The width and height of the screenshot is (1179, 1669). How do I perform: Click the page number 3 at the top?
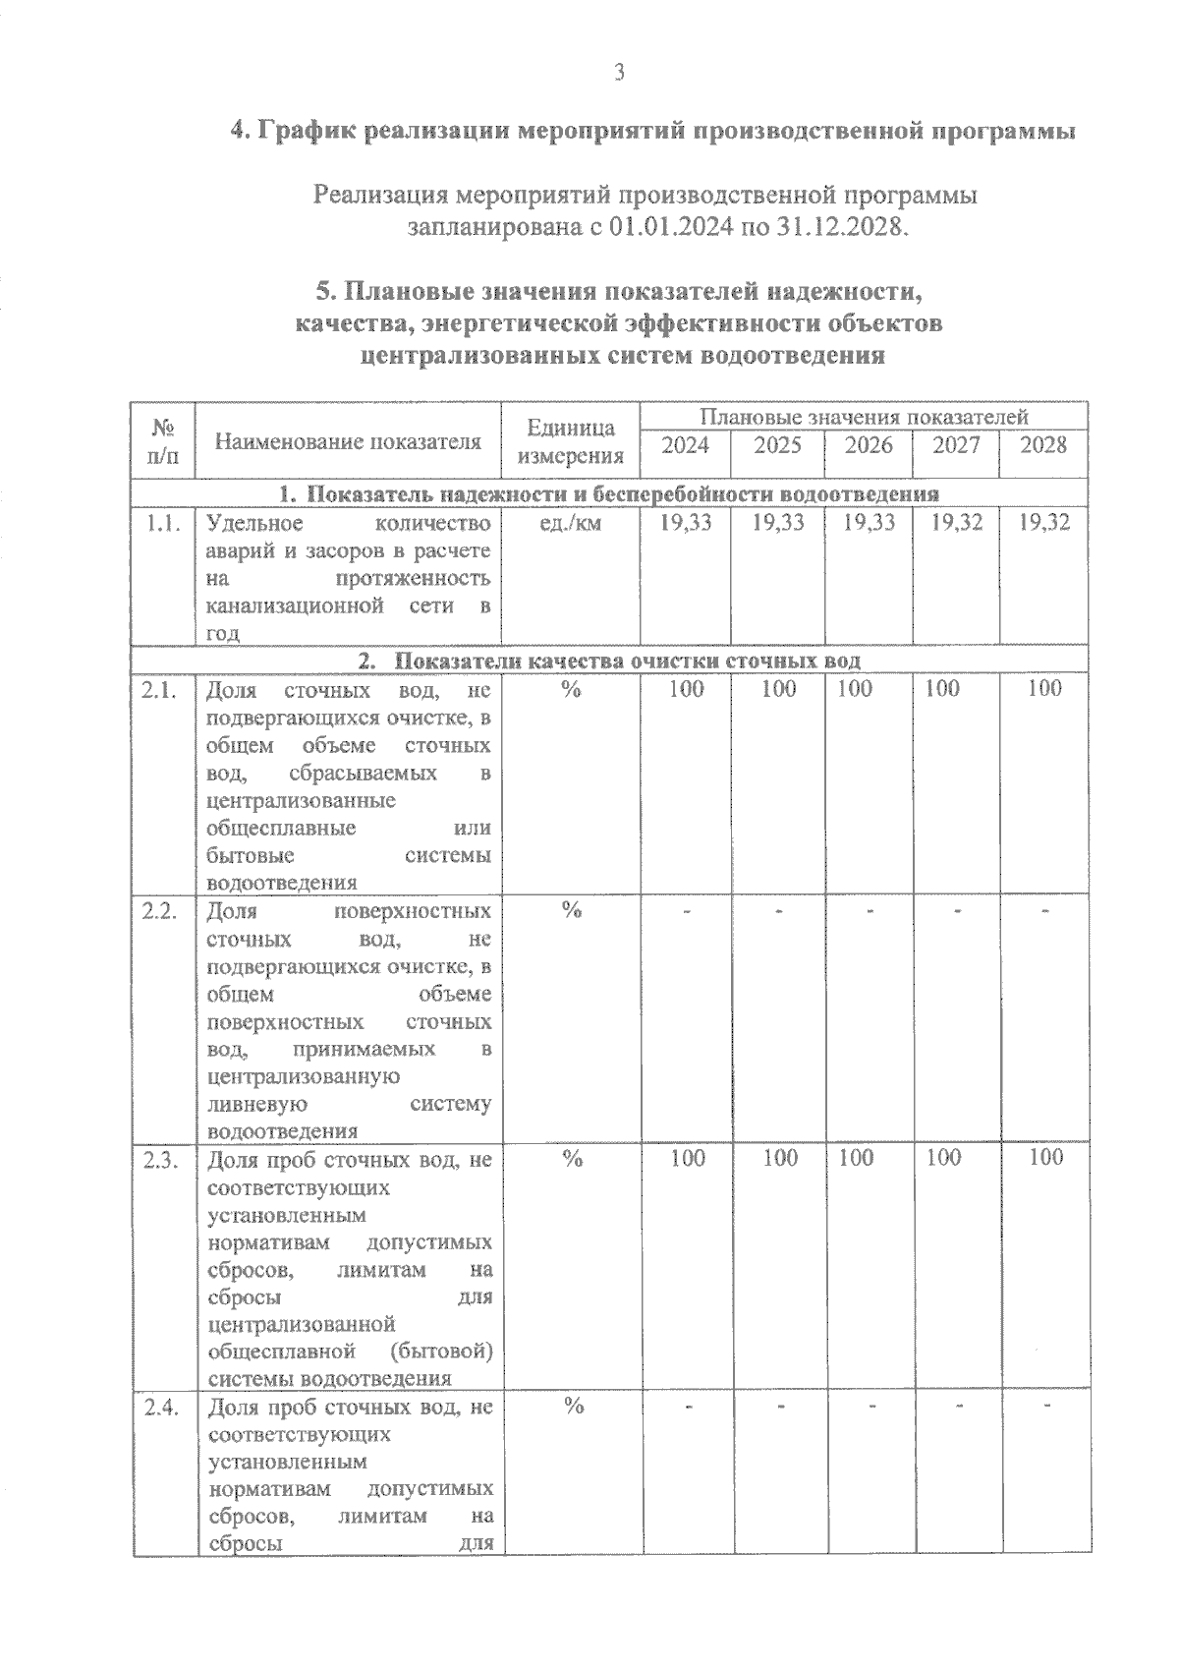(619, 72)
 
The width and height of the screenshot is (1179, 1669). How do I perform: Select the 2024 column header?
(685, 446)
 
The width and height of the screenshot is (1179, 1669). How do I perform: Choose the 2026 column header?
(870, 446)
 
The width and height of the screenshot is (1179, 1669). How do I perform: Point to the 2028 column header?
(1043, 446)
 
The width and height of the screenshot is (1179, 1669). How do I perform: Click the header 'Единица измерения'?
(571, 441)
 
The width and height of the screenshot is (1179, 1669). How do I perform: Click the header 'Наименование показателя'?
(348, 441)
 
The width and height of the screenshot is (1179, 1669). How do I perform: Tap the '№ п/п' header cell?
(163, 441)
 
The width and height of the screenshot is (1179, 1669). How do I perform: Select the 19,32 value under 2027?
(956, 523)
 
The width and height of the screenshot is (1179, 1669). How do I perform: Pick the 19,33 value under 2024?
(685, 523)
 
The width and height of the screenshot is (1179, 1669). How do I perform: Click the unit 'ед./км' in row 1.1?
(571, 523)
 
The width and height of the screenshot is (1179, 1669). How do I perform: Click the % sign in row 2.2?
(571, 911)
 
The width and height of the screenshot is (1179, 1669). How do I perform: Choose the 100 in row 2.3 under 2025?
(780, 1158)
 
